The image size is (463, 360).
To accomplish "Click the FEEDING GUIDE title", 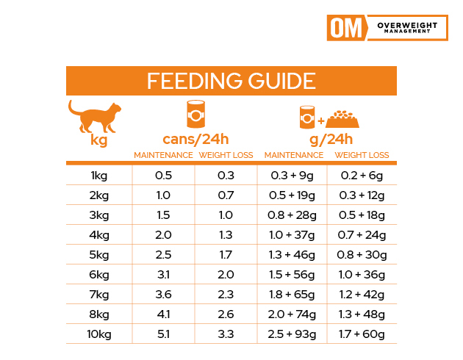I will click(x=231, y=81).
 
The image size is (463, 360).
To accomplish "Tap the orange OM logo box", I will click(x=345, y=28).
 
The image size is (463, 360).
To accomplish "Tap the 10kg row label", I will click(x=98, y=335).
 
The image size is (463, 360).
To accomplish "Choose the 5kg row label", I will click(x=98, y=256).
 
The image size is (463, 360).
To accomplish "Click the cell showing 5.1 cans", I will click(x=163, y=335).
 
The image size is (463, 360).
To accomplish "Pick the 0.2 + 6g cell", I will click(x=362, y=176).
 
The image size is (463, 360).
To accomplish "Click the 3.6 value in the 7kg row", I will click(x=163, y=295).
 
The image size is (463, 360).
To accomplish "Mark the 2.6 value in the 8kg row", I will click(x=226, y=315).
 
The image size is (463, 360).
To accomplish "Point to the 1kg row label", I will click(x=98, y=176).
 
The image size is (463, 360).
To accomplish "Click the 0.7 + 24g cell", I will click(x=362, y=236).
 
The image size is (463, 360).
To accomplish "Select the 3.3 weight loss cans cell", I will click(x=226, y=335).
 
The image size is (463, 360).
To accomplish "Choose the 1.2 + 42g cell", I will click(x=362, y=295).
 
